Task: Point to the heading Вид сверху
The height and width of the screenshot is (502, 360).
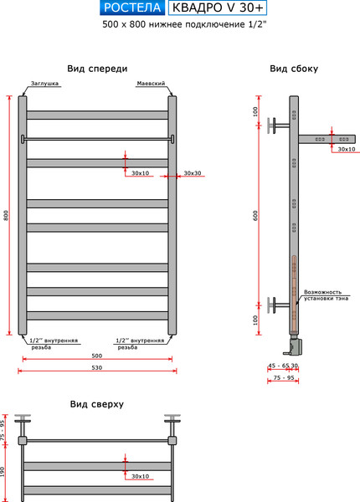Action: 97,403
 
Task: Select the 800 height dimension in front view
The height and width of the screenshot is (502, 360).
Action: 7,216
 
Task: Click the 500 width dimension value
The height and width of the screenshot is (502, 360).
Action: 98,356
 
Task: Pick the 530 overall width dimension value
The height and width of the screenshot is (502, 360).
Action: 98,368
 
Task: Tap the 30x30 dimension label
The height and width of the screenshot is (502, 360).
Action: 193,173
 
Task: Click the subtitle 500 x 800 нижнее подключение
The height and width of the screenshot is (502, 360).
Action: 172,26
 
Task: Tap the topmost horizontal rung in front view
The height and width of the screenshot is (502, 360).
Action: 98,115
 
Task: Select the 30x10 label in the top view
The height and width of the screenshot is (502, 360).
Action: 141,476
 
